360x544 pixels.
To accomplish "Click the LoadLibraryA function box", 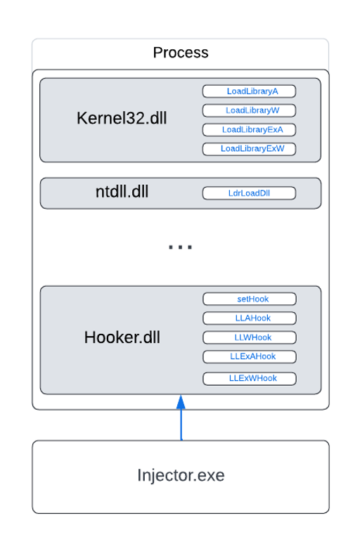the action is click(249, 91).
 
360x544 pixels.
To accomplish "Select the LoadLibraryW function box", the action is click(249, 110).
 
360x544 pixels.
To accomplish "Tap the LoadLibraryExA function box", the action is click(249, 130).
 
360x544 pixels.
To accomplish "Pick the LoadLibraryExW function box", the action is click(249, 149).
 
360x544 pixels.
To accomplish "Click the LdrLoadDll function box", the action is click(249, 193).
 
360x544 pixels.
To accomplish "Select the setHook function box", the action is click(250, 299).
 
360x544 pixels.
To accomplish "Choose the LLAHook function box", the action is click(250, 318).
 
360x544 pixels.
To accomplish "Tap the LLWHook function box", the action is click(250, 337).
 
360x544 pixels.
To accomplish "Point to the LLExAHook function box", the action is click(250, 356).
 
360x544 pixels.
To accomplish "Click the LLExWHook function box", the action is click(250, 379).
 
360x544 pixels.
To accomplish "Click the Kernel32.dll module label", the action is click(122, 118).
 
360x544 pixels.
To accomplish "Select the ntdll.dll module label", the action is click(122, 191).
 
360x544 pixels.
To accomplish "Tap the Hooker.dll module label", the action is click(122, 337).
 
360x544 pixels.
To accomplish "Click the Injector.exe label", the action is click(181, 475).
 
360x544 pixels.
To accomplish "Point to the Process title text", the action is click(181, 53).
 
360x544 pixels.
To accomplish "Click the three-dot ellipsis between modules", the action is click(180, 247).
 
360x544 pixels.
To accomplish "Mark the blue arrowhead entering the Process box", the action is click(181, 402).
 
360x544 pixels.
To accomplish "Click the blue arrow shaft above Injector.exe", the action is click(181, 425).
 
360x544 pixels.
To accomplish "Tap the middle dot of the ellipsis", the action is click(180, 247).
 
